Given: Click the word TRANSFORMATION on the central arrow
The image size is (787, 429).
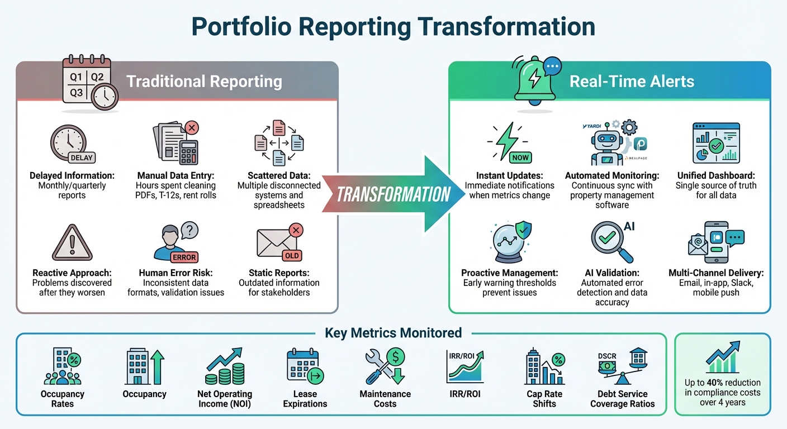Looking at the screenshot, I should (393, 194).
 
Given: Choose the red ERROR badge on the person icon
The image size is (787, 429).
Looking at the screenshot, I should (184, 258).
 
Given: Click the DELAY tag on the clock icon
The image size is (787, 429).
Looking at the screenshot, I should (82, 158).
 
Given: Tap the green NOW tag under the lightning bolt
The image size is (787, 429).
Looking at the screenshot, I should (520, 158).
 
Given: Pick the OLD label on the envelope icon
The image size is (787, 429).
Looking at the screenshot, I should (292, 255).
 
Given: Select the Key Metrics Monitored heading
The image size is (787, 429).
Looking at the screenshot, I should (393, 333).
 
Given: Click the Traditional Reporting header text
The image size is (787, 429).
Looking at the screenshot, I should (204, 82).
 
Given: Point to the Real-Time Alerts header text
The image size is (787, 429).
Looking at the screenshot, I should (632, 82).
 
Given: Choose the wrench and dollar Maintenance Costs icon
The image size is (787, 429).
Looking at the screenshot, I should (385, 366).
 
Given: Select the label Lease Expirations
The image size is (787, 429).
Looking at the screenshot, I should (305, 399).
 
